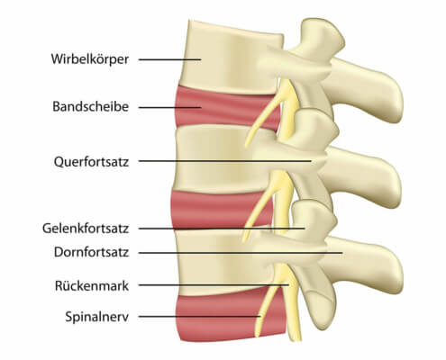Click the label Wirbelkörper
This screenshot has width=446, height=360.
click(90, 59)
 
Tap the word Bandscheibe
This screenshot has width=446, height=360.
click(91, 106)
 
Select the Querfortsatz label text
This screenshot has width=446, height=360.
click(91, 162)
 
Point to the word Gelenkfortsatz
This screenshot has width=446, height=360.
click(86, 229)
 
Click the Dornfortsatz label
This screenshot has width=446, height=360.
click(91, 252)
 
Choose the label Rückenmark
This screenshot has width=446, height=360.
click(92, 285)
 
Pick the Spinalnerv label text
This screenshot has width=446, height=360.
click(97, 317)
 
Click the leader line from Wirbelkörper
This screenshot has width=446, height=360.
click(169, 59)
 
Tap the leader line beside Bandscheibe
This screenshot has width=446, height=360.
click(169, 107)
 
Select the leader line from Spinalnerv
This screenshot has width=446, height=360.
click(199, 317)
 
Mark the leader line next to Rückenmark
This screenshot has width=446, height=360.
click(214, 285)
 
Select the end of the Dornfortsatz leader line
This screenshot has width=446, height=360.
click(342, 253)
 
